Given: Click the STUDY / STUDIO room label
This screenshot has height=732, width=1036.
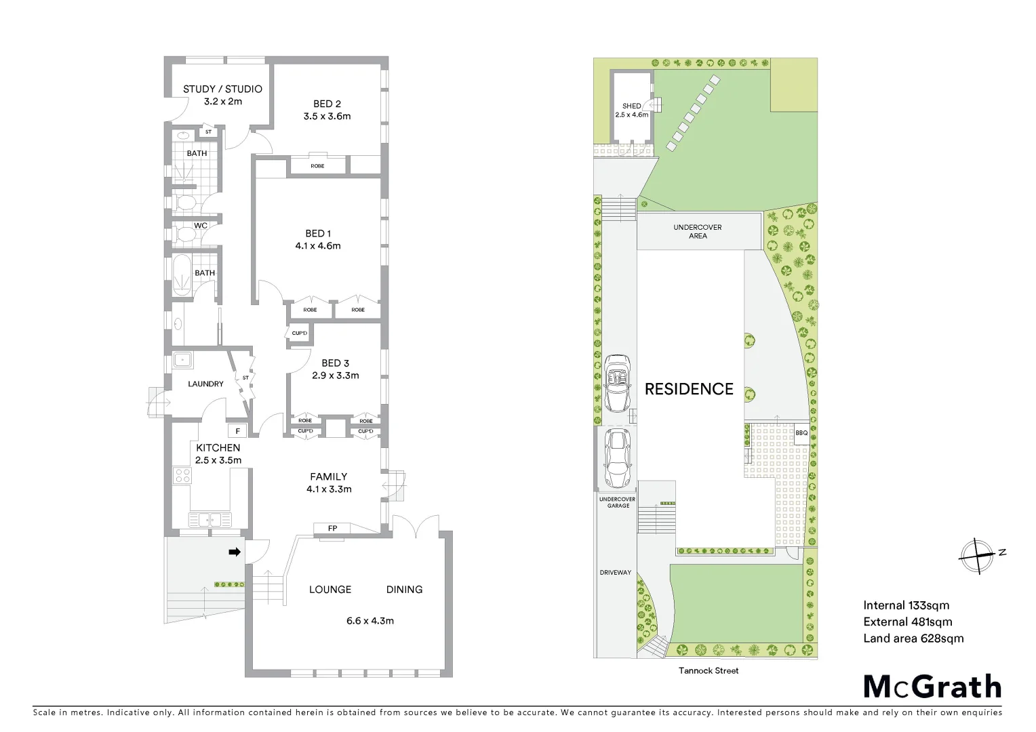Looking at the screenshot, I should point(222,89).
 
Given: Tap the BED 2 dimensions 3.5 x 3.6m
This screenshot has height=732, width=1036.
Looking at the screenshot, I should point(327,116).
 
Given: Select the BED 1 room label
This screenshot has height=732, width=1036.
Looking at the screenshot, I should point(318,234).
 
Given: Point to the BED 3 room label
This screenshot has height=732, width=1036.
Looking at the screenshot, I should point(335,363).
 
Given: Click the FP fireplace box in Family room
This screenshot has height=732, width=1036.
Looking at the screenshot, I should point(332,528).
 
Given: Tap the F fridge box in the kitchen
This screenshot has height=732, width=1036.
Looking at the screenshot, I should point(237,431).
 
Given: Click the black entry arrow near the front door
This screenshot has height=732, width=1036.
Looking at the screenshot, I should point(235,552).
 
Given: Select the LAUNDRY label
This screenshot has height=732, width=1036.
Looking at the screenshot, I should point(205,384).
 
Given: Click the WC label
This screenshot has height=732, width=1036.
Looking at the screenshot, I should point(201,226).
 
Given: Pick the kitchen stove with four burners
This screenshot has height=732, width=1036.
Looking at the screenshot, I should point(182,475).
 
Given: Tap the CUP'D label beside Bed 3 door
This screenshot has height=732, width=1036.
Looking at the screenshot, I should point(299,333).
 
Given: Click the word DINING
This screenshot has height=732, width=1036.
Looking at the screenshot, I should point(404,590).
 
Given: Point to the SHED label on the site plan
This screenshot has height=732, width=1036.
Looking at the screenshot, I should point(631,106).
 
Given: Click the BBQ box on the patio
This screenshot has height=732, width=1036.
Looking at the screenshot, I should point(801,433).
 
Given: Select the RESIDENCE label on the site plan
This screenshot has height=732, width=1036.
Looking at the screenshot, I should point(689,389).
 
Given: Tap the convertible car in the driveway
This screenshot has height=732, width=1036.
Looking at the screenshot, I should point(618,383).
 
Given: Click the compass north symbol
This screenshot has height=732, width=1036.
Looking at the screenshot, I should point(976,556).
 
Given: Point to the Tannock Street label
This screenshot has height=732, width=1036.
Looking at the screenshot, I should point(709,670).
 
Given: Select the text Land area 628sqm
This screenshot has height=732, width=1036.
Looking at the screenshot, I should point(913,638).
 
